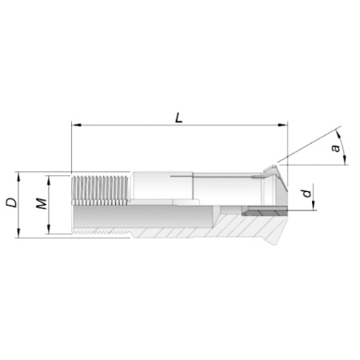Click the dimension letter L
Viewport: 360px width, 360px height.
tap(179, 118)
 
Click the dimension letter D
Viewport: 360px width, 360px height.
tap(12, 202)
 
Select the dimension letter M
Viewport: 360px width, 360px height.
tap(42, 204)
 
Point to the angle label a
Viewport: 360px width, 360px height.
tap(336, 148)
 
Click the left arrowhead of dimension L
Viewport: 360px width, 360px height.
tap(77, 125)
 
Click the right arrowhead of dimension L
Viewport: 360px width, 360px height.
tap(282, 125)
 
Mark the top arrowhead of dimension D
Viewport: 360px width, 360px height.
tap(18, 177)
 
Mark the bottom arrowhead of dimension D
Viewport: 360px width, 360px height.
tap(18, 233)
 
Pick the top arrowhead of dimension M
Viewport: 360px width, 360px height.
tap(49, 181)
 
